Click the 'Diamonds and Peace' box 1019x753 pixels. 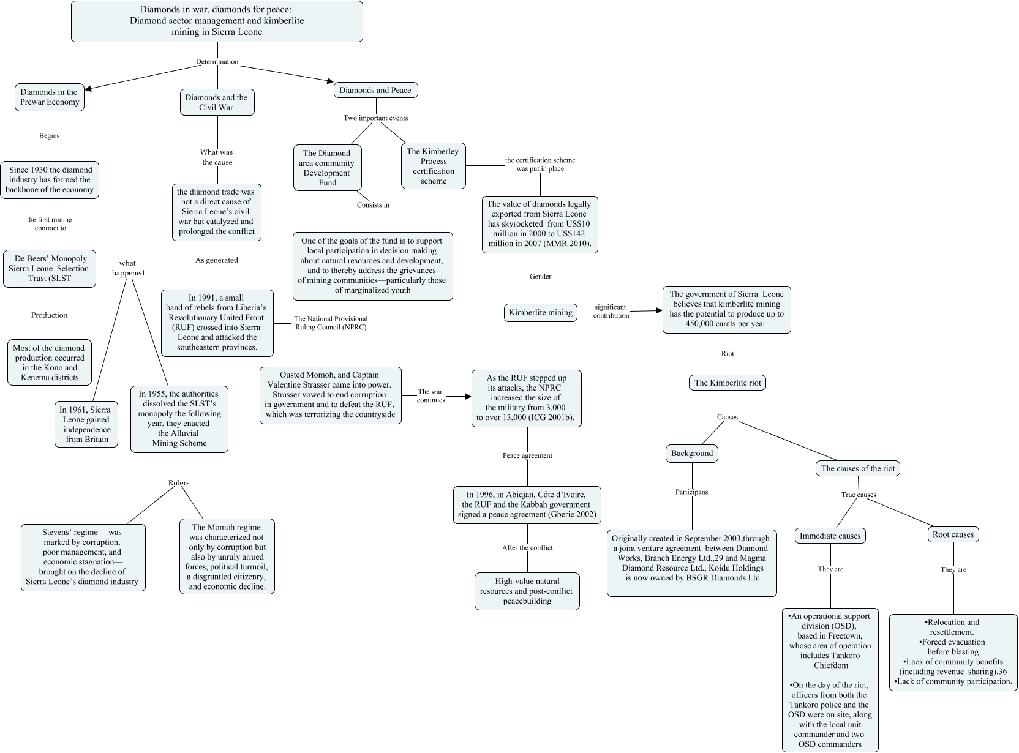coord(375,90)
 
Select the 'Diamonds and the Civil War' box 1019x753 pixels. coord(216,102)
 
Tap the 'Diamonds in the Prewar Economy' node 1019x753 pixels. coord(49,97)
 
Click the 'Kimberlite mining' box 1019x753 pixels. coord(541,312)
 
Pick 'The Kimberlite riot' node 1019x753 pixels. coord(728,383)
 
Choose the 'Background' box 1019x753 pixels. coord(692,453)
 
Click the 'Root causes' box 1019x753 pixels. coord(953,534)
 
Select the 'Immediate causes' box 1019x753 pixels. coord(830,536)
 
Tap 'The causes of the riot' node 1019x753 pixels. coord(857,468)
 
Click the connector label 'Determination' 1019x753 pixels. coord(217,62)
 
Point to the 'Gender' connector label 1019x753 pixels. coord(540,277)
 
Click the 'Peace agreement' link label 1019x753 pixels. coord(527,455)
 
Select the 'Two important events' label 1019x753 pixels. coord(375,118)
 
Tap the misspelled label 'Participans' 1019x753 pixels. coord(692,492)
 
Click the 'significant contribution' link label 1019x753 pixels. coord(611,311)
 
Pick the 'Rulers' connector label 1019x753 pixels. coord(179,483)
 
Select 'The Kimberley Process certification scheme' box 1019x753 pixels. coord(434,166)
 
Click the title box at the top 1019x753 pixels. coord(217,21)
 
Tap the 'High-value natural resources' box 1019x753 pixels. coord(527,591)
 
